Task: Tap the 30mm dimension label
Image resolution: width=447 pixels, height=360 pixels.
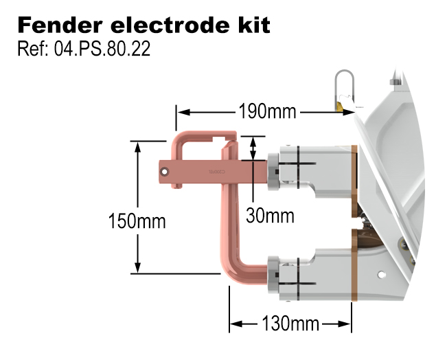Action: (x=270, y=216)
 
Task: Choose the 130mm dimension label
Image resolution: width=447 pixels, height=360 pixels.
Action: (x=289, y=322)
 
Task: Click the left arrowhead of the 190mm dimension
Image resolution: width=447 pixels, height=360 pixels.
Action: (x=181, y=111)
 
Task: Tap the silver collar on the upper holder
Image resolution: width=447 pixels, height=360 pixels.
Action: (x=273, y=168)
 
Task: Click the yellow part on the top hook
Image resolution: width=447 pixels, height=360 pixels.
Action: (x=339, y=106)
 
